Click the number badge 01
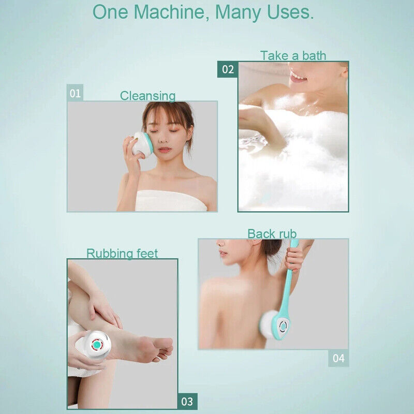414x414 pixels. tap(76, 93)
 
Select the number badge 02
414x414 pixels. tap(228, 69)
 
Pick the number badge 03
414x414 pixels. tap(187, 402)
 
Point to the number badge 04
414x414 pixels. tap(338, 358)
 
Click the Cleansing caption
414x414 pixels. tap(147, 96)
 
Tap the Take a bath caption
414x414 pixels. tap(293, 56)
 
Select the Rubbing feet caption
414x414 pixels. tap(122, 254)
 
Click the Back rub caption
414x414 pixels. tap(272, 234)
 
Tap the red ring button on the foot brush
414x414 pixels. tap(97, 344)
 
